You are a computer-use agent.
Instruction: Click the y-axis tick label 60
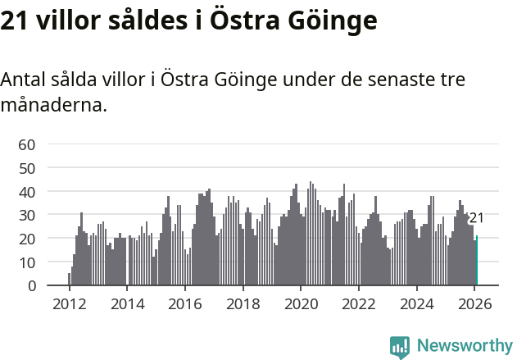tap(26, 145)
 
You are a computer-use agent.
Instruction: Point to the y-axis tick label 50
tap(26, 168)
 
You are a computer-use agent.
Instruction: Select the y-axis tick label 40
tap(26, 192)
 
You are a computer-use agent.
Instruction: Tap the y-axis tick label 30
tap(26, 215)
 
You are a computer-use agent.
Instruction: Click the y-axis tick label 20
tap(26, 239)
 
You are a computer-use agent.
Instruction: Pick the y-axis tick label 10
tap(26, 262)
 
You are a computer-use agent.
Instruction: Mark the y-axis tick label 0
tap(31, 285)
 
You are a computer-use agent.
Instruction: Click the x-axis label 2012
tap(69, 303)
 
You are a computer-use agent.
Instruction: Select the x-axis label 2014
tap(127, 303)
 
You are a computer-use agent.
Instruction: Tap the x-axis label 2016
tap(184, 303)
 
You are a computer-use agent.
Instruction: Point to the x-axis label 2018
tap(243, 303)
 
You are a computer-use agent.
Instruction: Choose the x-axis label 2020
tap(300, 303)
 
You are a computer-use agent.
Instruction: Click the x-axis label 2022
tap(358, 303)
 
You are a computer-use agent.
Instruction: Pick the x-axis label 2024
tap(415, 303)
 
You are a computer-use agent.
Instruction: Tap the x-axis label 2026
tap(474, 303)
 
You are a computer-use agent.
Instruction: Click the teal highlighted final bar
tap(477, 262)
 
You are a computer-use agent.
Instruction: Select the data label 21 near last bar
tap(476, 218)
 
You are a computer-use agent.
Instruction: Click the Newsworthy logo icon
tap(400, 347)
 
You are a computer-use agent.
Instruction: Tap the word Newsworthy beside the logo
tap(464, 346)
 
